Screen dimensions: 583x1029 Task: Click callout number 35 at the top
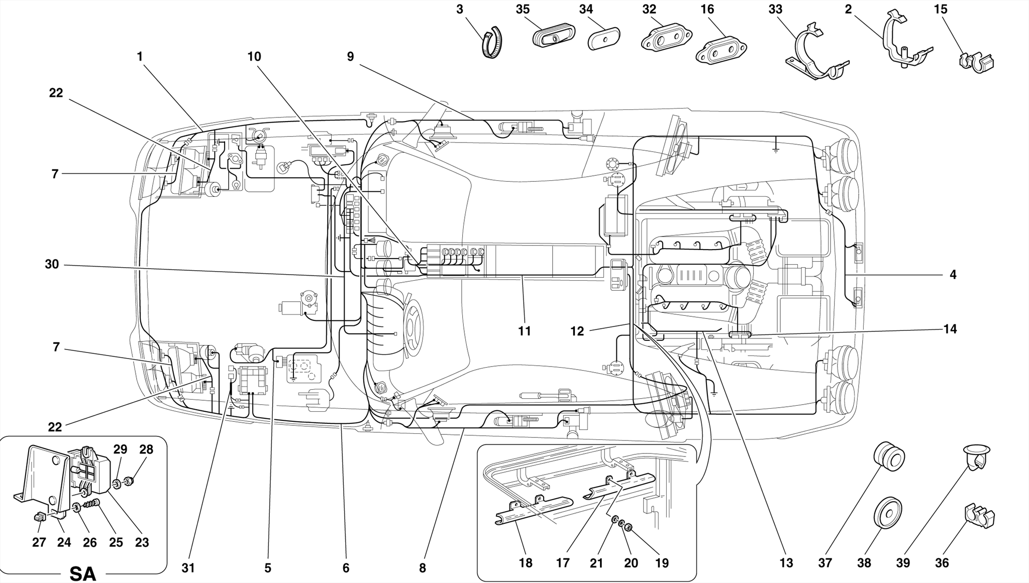click(523, 9)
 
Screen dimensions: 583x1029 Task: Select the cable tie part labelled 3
click(492, 43)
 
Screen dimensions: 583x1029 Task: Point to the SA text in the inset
click(83, 573)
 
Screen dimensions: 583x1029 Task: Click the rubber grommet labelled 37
click(889, 456)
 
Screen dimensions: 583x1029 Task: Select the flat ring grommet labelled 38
click(888, 513)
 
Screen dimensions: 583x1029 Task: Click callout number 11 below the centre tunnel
click(525, 331)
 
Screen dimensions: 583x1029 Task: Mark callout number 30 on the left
click(52, 264)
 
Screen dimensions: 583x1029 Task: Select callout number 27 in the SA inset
click(39, 542)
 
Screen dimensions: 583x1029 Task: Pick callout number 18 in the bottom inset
click(526, 563)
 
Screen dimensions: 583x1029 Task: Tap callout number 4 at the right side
click(953, 275)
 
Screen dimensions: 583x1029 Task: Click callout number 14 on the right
click(950, 329)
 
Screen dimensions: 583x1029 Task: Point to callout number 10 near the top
click(254, 57)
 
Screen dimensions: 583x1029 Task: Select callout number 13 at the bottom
click(786, 563)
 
